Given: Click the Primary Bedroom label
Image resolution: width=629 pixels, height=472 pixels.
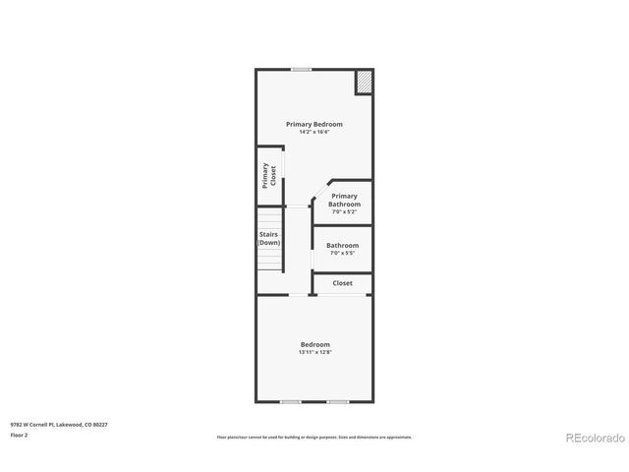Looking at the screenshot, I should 314,124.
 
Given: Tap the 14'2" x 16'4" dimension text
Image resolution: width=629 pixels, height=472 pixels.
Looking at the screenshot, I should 314,132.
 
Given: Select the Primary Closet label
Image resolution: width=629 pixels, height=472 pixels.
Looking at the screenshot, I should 269,176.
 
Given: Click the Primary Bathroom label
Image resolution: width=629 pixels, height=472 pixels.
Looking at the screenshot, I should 344,201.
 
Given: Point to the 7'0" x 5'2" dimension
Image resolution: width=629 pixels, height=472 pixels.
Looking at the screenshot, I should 344,211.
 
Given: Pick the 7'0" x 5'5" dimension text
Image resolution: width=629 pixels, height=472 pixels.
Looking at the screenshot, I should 342,254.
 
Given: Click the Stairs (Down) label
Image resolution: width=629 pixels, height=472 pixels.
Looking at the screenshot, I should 269,238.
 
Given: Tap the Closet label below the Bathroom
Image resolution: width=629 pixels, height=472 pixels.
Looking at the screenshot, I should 342,283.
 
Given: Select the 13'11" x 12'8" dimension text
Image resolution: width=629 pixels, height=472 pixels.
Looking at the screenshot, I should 314,352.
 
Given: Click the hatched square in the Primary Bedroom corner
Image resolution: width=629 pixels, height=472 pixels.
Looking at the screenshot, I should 364,82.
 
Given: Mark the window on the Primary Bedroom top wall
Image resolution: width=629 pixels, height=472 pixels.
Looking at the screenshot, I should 302,69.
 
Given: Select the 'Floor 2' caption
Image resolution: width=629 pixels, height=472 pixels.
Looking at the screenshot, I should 19,435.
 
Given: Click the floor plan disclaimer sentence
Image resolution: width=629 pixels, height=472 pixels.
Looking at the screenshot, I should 314,437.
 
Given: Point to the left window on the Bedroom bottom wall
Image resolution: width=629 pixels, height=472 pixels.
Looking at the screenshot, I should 290,401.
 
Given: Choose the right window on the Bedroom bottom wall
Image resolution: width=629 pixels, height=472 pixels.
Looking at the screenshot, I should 337,401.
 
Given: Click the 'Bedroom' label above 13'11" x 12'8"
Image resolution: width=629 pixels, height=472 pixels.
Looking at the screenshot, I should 314,344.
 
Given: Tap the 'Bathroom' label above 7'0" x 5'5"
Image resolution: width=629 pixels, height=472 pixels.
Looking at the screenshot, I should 342,246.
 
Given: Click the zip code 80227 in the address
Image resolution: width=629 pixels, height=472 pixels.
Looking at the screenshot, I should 100,424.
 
